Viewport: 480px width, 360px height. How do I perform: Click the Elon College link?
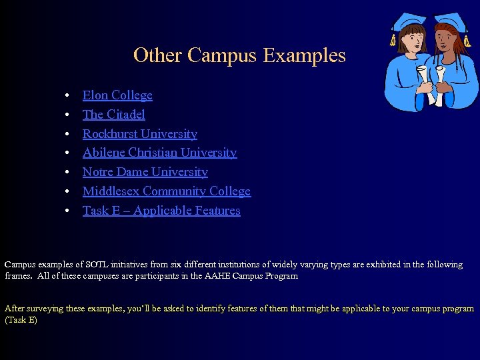[x=117, y=95]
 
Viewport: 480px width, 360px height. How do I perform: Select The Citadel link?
[x=113, y=115]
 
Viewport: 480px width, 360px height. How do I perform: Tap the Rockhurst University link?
[x=139, y=134]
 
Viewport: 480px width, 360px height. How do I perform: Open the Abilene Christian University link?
[x=159, y=153]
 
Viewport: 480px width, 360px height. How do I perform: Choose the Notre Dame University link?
[x=145, y=172]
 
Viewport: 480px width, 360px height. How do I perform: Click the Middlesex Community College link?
[x=166, y=191]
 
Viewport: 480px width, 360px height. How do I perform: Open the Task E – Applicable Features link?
[x=161, y=211]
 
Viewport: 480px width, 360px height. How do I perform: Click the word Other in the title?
[x=158, y=55]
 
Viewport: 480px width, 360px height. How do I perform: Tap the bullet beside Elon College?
[x=68, y=96]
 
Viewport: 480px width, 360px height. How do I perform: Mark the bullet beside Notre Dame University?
[x=68, y=173]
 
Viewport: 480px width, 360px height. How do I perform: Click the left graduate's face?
[x=412, y=41]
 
